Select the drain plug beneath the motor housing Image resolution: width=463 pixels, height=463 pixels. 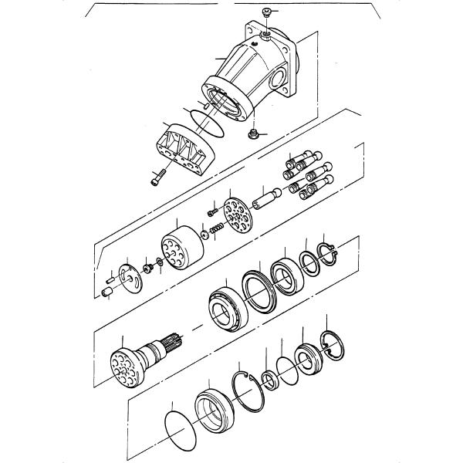252,136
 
